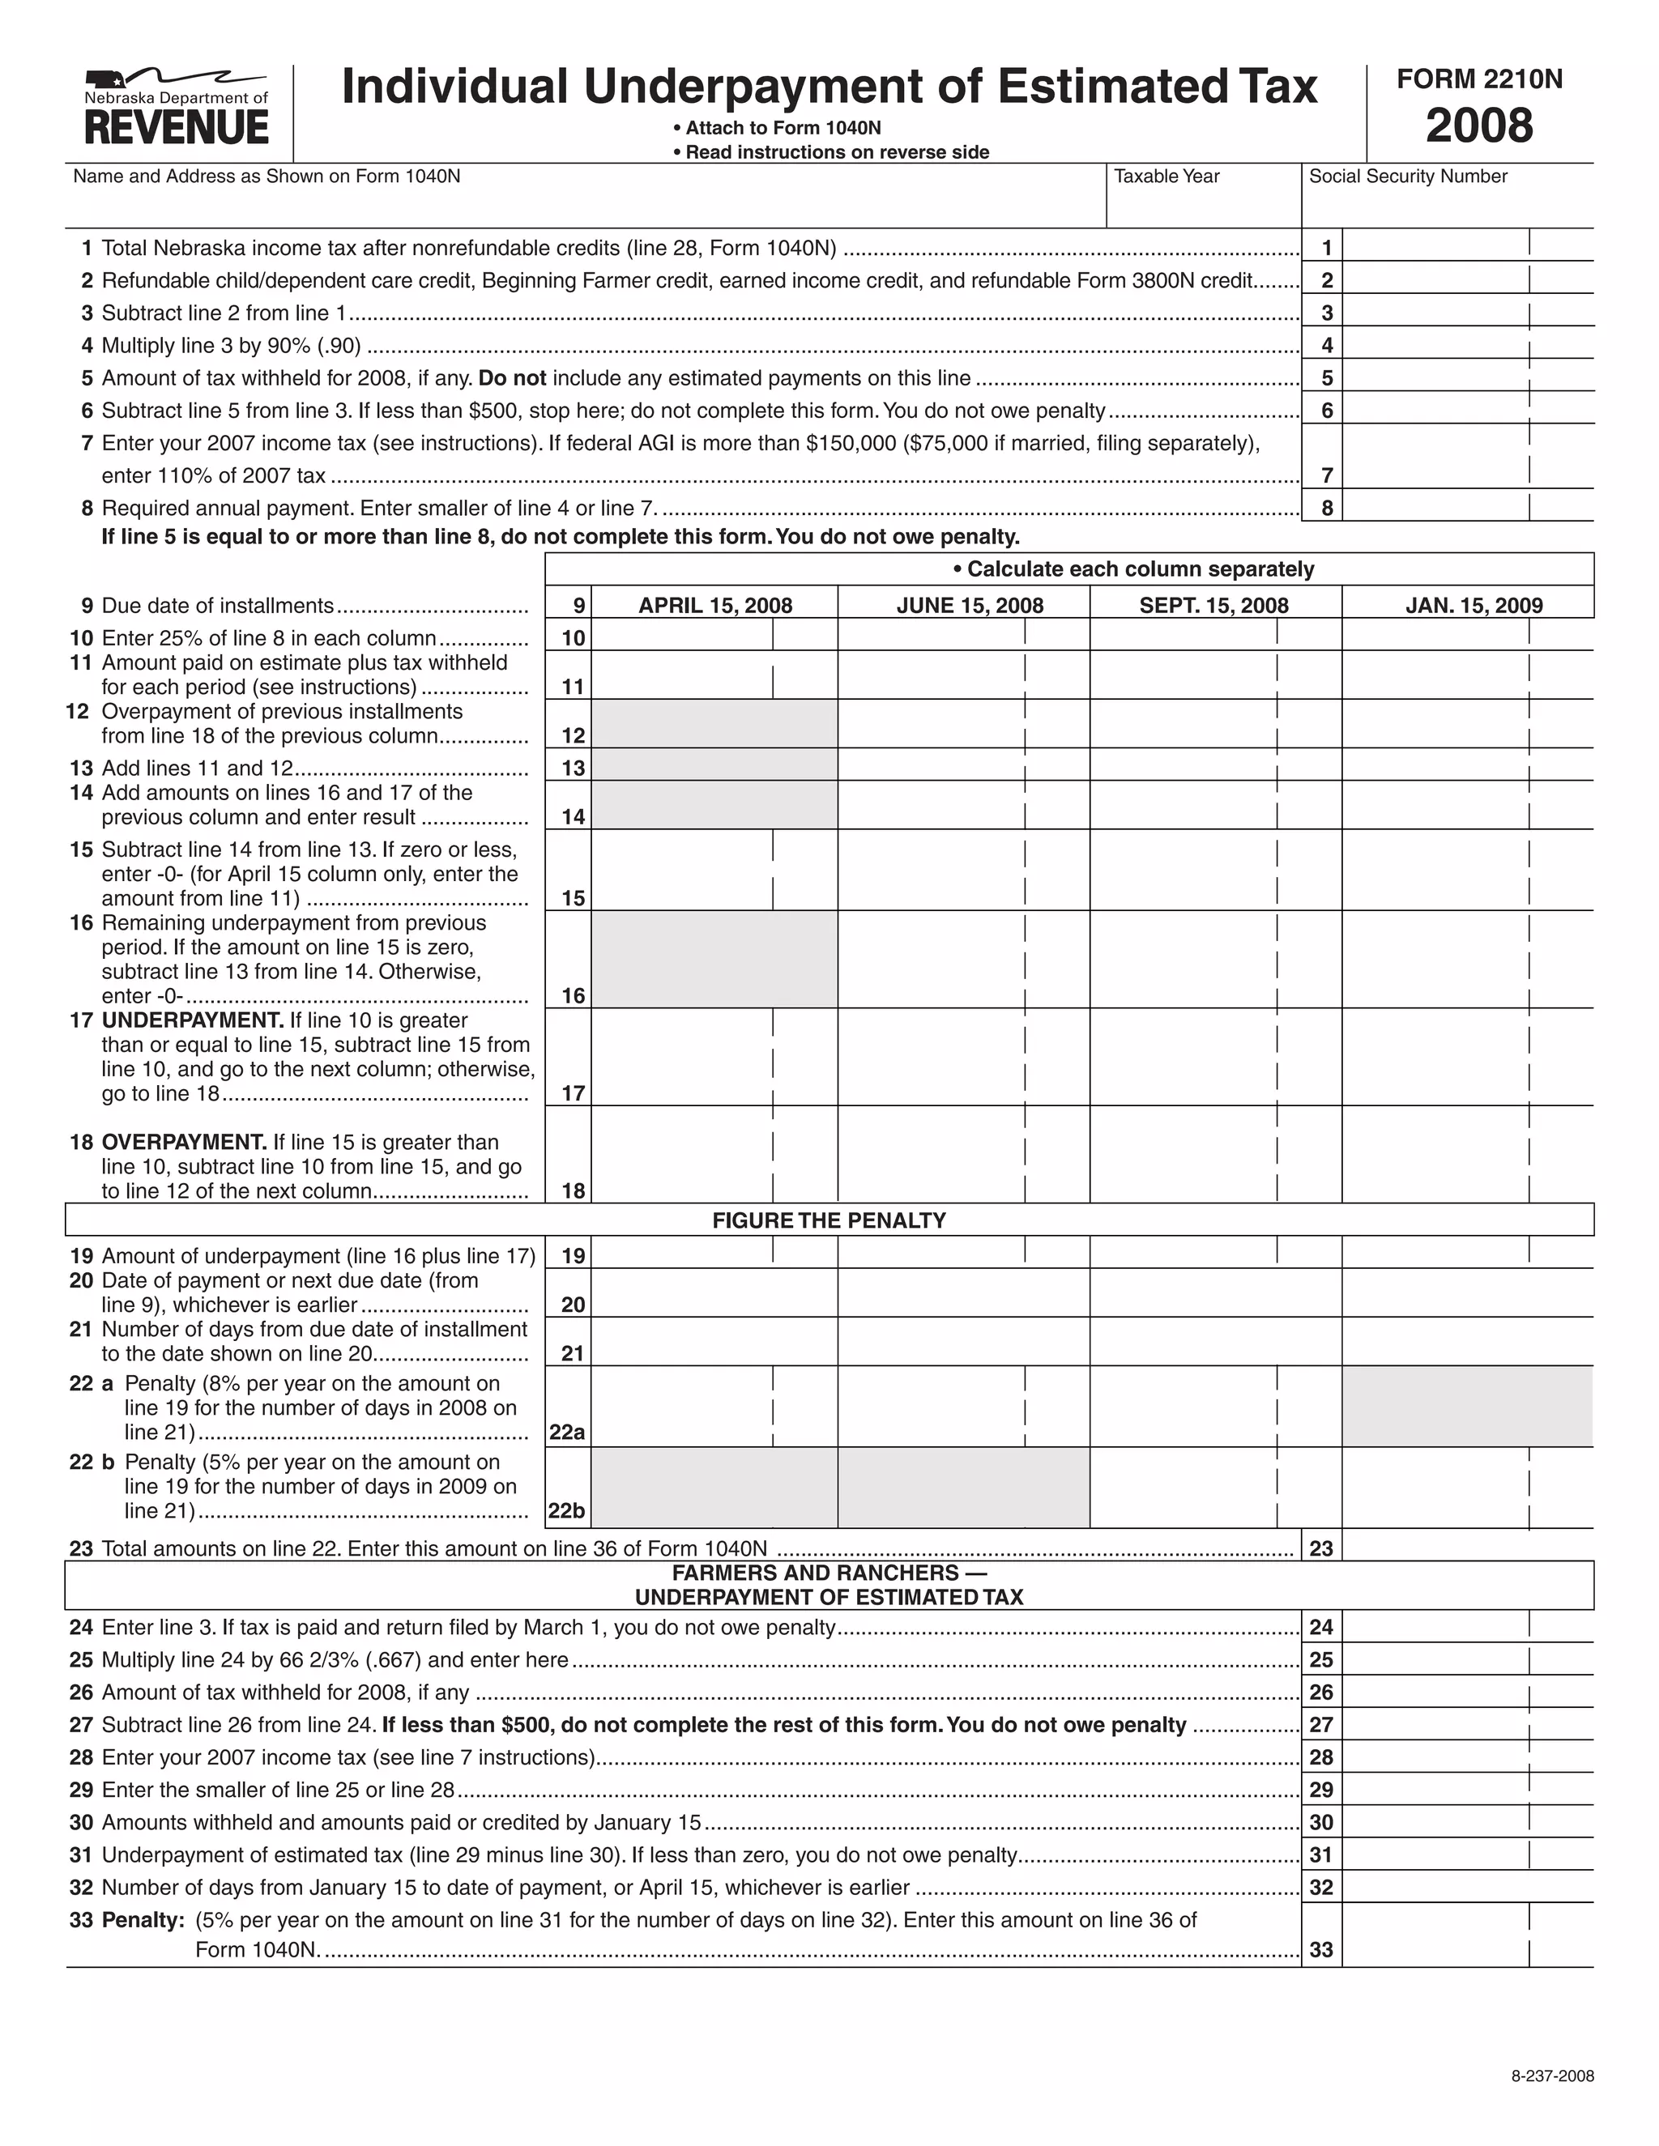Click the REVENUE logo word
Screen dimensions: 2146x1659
pos(176,129)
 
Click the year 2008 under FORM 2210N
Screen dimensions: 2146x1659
pos(1478,126)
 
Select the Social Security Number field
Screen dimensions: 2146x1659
pos(1447,204)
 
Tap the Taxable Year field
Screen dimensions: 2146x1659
pos(1203,204)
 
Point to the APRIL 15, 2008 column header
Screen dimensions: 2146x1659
pos(714,605)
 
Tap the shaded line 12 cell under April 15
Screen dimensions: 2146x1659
pos(714,724)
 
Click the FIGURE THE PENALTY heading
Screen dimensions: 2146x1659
pos(829,1220)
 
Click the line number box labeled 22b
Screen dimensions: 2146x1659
pos(567,1511)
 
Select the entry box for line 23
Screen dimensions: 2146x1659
pos(1466,1548)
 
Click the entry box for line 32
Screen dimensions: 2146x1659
pos(1466,1887)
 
